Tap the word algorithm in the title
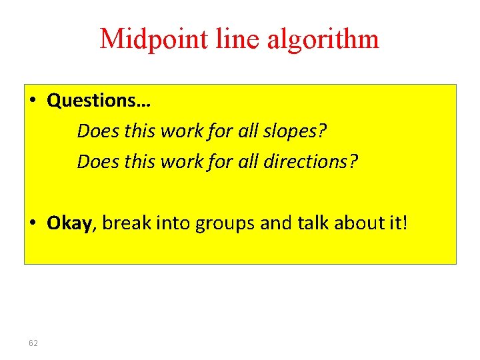[x=323, y=40]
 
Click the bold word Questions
[x=99, y=101]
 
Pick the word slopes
[x=291, y=131]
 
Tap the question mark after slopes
[x=323, y=131]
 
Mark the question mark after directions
[x=354, y=161]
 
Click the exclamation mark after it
[x=403, y=223]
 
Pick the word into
[x=173, y=223]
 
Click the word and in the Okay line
[x=273, y=223]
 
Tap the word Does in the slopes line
[x=93, y=131]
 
